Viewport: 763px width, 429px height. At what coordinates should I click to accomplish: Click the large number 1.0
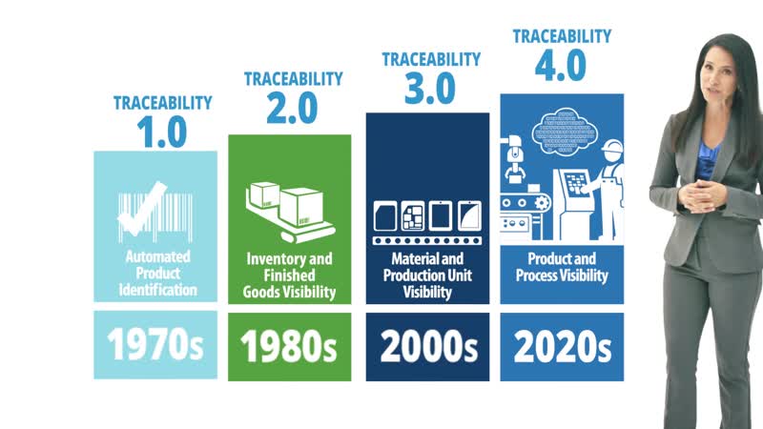click(x=162, y=132)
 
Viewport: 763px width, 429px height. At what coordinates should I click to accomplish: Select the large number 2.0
click(x=292, y=108)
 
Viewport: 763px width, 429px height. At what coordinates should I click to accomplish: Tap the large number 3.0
click(x=430, y=89)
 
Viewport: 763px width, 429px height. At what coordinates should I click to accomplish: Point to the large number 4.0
click(x=561, y=65)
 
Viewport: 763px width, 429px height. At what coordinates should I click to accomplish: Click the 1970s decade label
click(x=155, y=344)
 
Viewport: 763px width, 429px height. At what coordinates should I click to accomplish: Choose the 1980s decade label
click(x=289, y=346)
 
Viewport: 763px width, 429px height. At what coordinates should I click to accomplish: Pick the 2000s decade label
click(x=428, y=346)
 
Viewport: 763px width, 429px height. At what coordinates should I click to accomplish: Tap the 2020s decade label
click(x=562, y=346)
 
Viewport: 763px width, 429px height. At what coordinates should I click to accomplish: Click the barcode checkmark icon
click(x=155, y=213)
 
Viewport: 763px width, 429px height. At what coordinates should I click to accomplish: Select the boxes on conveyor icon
click(x=290, y=213)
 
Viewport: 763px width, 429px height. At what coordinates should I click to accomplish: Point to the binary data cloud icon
click(x=565, y=132)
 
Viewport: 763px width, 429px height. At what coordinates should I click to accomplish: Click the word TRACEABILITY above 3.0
click(x=431, y=59)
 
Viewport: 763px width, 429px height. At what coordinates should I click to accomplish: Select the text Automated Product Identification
click(x=157, y=274)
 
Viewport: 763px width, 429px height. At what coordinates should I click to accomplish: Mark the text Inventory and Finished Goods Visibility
click(x=290, y=276)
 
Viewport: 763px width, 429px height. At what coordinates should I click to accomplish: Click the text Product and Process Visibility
click(x=562, y=267)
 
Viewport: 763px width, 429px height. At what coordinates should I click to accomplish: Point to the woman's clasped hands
click(x=702, y=195)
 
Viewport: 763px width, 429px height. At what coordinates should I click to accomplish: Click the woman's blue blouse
click(x=707, y=158)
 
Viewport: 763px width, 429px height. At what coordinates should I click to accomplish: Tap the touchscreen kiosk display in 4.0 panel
click(x=576, y=184)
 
